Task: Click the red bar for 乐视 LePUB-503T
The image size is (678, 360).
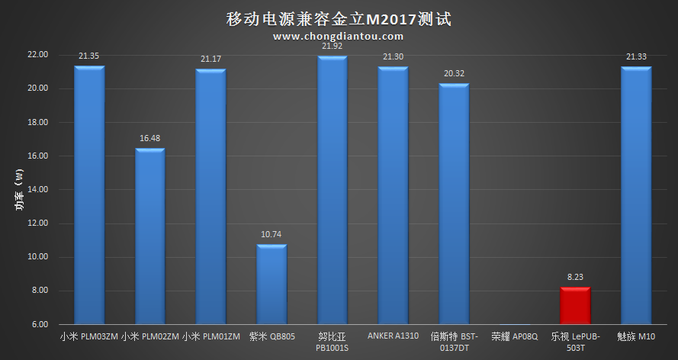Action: tap(575, 305)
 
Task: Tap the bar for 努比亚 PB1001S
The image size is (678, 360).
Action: tap(332, 191)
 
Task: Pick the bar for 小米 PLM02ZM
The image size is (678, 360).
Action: tap(149, 236)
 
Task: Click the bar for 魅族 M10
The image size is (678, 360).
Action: tap(635, 195)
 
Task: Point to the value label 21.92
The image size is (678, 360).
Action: tap(332, 47)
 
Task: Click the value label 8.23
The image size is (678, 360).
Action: tap(575, 278)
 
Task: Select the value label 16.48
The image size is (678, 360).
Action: tap(149, 139)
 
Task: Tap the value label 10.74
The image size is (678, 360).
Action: tap(271, 235)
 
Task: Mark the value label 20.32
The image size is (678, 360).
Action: tap(453, 74)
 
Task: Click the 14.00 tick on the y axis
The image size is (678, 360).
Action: tap(37, 190)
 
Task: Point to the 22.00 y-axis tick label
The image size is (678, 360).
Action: tap(37, 55)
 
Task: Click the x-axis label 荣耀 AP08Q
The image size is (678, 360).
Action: tap(514, 336)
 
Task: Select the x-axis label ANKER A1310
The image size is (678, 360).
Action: tap(393, 336)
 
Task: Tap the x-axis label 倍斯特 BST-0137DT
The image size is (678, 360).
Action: tap(453, 342)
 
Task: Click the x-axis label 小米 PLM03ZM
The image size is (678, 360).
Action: tap(88, 336)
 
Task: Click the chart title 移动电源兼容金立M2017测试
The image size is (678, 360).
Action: tap(339, 18)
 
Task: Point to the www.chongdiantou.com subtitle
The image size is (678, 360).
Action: tap(338, 36)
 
